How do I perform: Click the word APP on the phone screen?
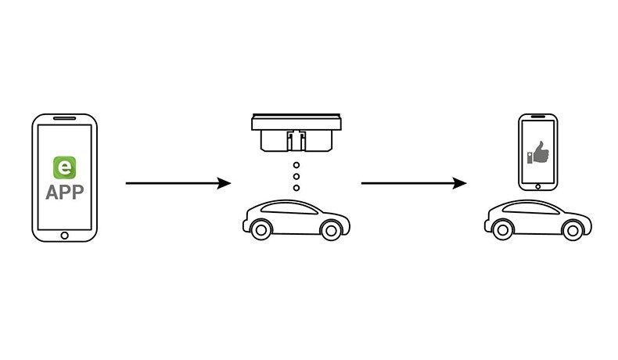64,193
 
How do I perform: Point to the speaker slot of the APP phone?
64,121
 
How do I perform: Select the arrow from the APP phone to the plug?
178,183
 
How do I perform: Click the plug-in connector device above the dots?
296,133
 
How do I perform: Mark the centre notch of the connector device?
296,142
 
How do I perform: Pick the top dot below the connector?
296,165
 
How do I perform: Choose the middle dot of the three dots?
296,177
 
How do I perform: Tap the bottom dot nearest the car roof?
296,188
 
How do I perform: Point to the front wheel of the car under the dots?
332,228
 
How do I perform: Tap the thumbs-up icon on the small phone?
538,150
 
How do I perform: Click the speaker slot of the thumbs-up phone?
538,119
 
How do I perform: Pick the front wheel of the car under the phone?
573,228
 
